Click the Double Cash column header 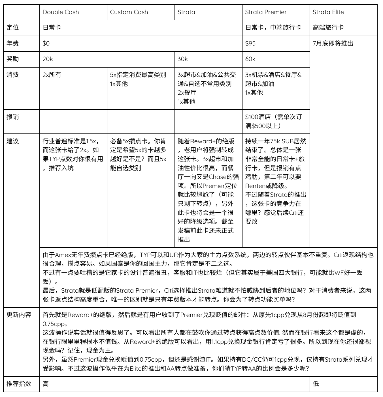click(61, 12)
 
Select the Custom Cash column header click(129, 12)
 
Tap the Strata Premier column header click(266, 12)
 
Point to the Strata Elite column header click(328, 12)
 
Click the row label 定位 click(13, 28)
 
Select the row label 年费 click(13, 44)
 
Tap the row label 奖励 click(13, 59)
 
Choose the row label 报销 click(13, 117)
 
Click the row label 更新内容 click(19, 315)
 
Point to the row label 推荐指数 click(19, 384)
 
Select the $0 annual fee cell click(46, 44)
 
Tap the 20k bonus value click(48, 59)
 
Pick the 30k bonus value click(183, 59)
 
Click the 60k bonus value click(250, 59)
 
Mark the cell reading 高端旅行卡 click(328, 28)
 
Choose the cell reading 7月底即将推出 click(333, 44)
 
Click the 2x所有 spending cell click(52, 75)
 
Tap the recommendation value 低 click(316, 384)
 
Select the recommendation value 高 click(46, 384)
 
